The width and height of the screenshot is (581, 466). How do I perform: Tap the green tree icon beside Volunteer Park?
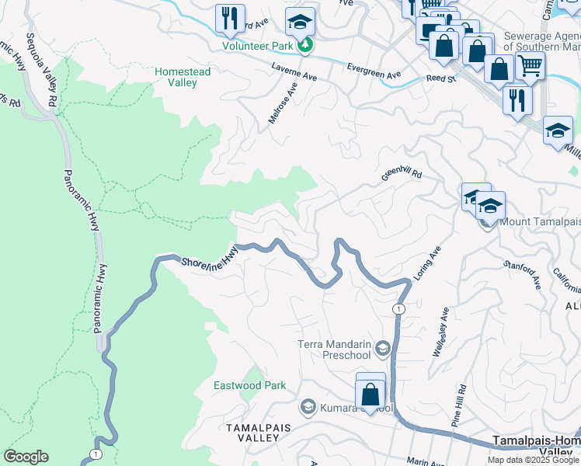tap(307, 45)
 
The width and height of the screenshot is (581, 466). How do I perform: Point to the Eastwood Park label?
tap(250, 385)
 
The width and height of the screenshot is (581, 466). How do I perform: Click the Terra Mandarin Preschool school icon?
tap(381, 349)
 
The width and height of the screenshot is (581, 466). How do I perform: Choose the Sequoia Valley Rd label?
tap(41, 70)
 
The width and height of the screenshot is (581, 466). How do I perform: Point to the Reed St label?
tap(440, 78)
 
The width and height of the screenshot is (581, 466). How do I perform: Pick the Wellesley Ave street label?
tap(440, 332)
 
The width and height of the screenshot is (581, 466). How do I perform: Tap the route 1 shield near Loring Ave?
tap(398, 309)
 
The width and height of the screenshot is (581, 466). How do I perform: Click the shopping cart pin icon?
tap(530, 66)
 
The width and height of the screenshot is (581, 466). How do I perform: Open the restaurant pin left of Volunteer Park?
tap(230, 19)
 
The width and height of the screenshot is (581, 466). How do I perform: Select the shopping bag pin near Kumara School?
tap(371, 391)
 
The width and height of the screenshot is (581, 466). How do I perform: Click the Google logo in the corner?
tap(26, 457)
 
